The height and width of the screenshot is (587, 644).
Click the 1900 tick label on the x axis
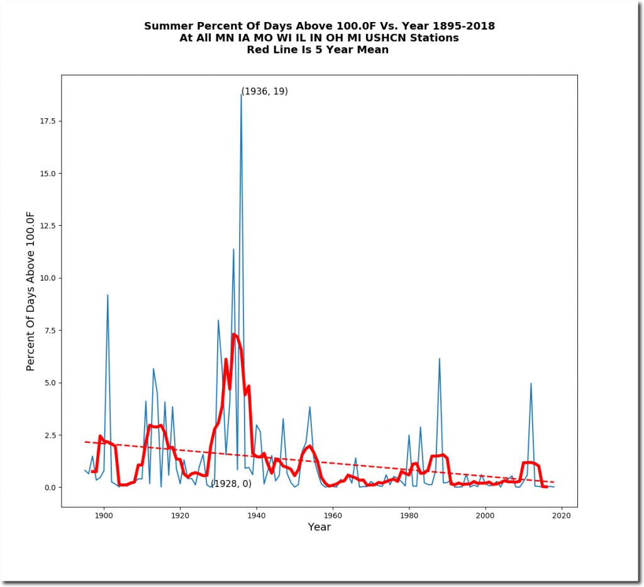104,517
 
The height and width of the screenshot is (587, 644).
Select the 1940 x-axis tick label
257,517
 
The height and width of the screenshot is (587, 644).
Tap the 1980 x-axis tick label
409,517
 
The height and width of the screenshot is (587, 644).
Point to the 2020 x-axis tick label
562,517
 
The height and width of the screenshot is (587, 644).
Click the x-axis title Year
319,527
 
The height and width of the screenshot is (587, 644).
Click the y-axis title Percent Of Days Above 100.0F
31,291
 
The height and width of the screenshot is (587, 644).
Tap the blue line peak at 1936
241,94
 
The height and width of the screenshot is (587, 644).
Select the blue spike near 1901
108,295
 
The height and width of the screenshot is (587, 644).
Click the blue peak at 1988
440,359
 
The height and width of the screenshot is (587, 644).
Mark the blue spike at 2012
531,383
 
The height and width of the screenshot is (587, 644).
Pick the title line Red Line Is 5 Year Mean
319,50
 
